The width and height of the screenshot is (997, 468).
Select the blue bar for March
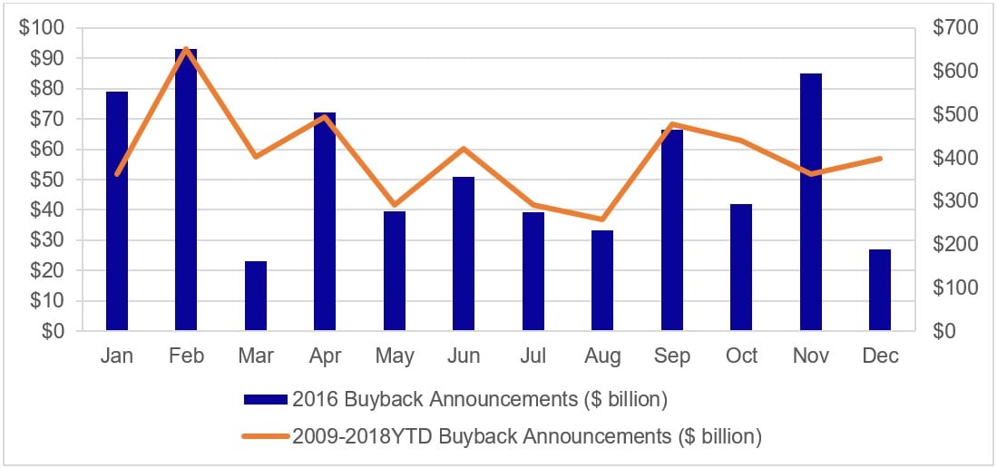[256, 296]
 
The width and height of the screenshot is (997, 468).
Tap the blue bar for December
[880, 289]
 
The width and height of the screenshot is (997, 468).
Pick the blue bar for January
[117, 211]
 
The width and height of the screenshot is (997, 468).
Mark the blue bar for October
[741, 268]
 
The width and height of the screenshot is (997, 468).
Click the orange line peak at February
[186, 49]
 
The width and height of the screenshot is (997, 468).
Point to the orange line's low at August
[602, 219]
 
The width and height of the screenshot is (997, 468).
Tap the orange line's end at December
[880, 159]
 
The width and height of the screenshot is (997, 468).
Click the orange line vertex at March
[256, 157]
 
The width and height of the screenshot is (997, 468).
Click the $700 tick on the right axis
[955, 28]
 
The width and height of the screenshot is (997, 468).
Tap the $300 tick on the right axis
[955, 201]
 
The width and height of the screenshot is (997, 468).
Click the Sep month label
[672, 356]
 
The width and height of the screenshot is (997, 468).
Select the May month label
[395, 356]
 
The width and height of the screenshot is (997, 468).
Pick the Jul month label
[533, 356]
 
